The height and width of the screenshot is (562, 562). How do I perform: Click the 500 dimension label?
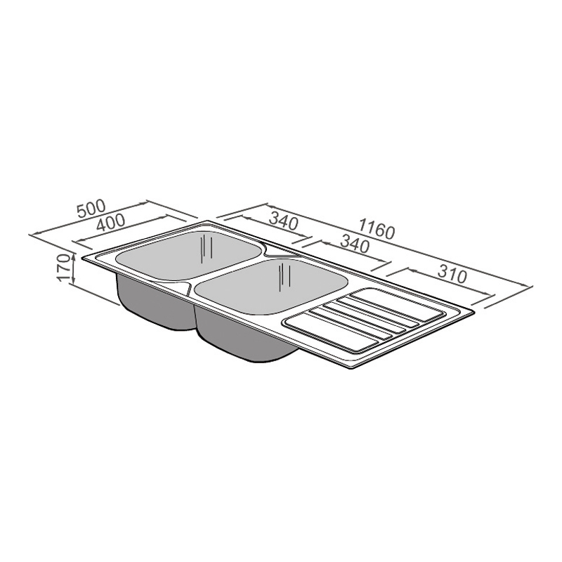[92, 208]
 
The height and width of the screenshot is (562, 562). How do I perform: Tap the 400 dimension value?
[111, 223]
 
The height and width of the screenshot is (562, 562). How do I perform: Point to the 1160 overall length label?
[377, 229]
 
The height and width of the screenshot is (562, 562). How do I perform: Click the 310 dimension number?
[452, 275]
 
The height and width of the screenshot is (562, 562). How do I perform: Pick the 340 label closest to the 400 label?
[283, 221]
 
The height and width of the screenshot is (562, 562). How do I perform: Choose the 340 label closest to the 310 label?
[354, 244]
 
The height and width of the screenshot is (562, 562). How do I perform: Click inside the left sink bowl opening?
[189, 255]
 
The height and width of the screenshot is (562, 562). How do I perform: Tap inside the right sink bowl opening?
[271, 287]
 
